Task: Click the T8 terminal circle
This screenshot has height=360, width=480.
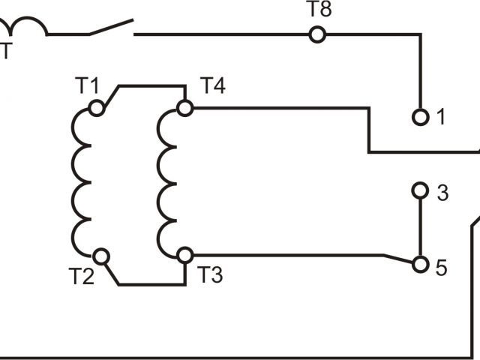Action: [x=317, y=34]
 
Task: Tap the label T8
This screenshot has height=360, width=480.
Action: [x=319, y=12]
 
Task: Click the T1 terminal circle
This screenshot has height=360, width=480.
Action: [x=96, y=109]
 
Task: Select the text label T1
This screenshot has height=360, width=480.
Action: [x=88, y=85]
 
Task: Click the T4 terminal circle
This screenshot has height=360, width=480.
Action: [x=184, y=109]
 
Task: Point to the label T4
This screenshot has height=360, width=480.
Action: [x=212, y=86]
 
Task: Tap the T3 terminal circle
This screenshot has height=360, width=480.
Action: [x=184, y=256]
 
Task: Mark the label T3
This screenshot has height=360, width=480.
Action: [x=211, y=276]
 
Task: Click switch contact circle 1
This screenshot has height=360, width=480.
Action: [x=420, y=117]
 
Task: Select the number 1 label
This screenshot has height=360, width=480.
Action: [x=441, y=118]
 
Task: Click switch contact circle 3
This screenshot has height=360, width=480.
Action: [x=420, y=191]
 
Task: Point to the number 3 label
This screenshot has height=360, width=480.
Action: [x=442, y=192]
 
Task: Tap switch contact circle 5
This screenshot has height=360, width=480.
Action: [x=420, y=265]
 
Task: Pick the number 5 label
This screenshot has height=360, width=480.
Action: [x=442, y=266]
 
